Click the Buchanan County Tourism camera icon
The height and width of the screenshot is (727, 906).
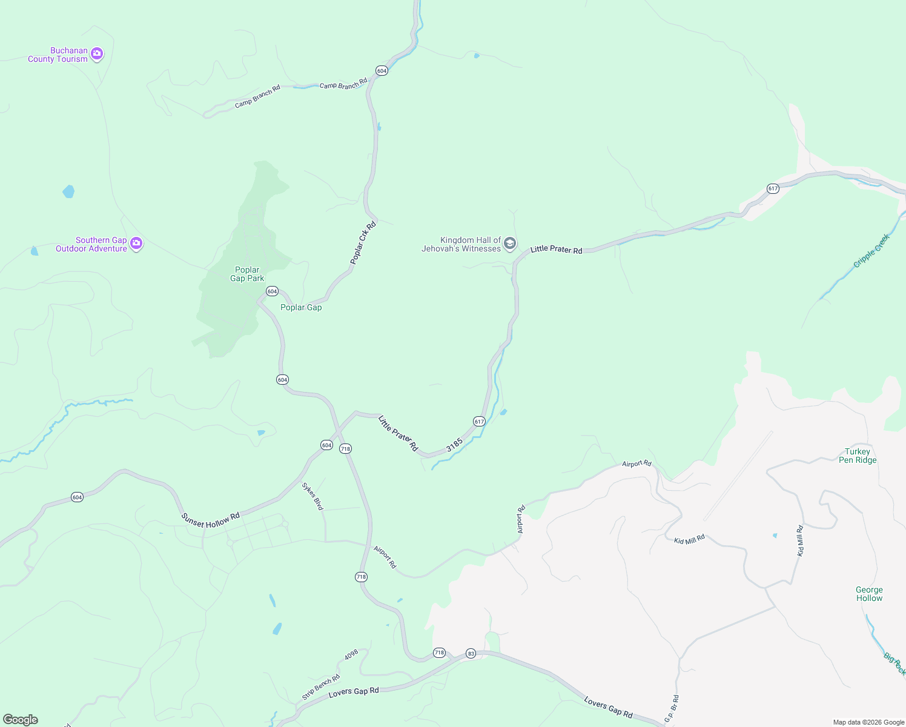[x=97, y=55]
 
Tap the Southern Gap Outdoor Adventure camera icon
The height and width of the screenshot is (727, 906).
[x=136, y=244]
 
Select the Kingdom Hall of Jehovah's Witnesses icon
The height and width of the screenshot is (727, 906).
[x=510, y=244]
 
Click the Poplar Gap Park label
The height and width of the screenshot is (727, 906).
[x=247, y=274]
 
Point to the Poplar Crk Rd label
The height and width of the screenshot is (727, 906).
[x=363, y=243]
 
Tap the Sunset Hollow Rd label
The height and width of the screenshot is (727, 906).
[x=211, y=520]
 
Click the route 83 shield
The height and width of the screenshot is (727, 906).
[x=471, y=653]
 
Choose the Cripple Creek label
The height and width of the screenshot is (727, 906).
[x=871, y=250]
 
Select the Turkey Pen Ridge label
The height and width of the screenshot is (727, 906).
[x=858, y=456]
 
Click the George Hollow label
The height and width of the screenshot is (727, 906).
[x=869, y=594]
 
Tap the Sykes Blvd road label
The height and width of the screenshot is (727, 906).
[x=313, y=496]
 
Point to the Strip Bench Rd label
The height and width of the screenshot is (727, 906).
[x=321, y=687]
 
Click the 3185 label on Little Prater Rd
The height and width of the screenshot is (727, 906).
[x=454, y=445]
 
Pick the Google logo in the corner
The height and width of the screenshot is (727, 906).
[x=21, y=720]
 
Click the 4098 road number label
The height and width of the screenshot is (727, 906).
[x=351, y=655]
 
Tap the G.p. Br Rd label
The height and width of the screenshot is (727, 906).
[x=671, y=708]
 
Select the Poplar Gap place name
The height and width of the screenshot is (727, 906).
[x=301, y=307]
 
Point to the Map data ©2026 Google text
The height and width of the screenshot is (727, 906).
[x=868, y=722]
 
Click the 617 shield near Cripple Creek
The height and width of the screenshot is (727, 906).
[x=773, y=188]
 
